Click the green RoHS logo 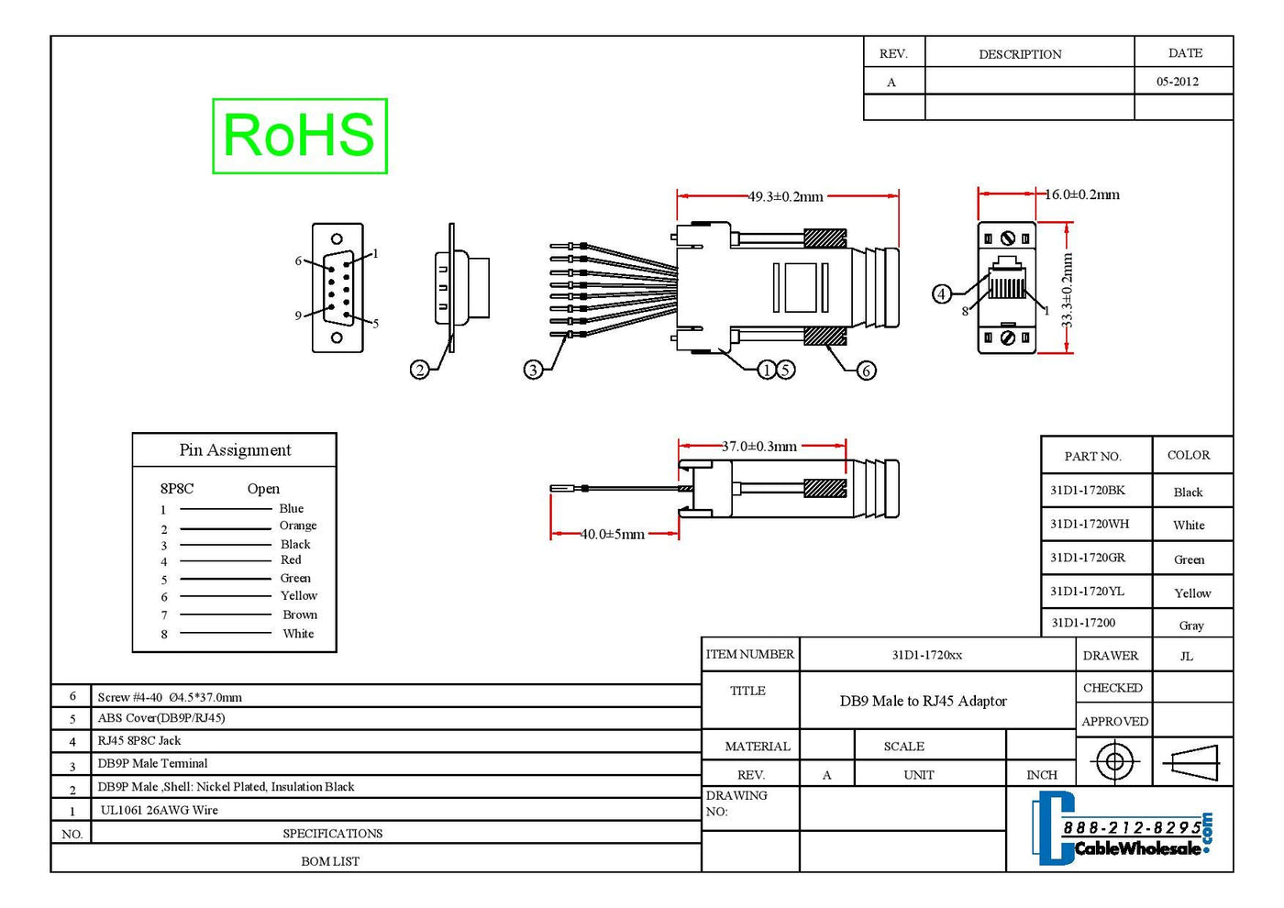299,136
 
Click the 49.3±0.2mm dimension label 786,196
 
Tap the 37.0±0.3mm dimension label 759,447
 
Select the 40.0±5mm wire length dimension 613,534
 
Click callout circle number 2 419,370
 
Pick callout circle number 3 533,370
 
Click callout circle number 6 866,371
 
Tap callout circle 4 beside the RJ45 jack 942,294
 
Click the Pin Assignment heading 235,450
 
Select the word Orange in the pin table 298,526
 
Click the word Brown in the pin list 300,615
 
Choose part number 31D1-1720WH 1090,525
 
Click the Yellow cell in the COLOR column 1192,593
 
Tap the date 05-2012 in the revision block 1178,82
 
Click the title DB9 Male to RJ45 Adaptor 923,702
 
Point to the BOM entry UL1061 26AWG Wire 160,810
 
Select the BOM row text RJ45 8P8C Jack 139,741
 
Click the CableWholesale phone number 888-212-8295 1132,827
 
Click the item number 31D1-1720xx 927,655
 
